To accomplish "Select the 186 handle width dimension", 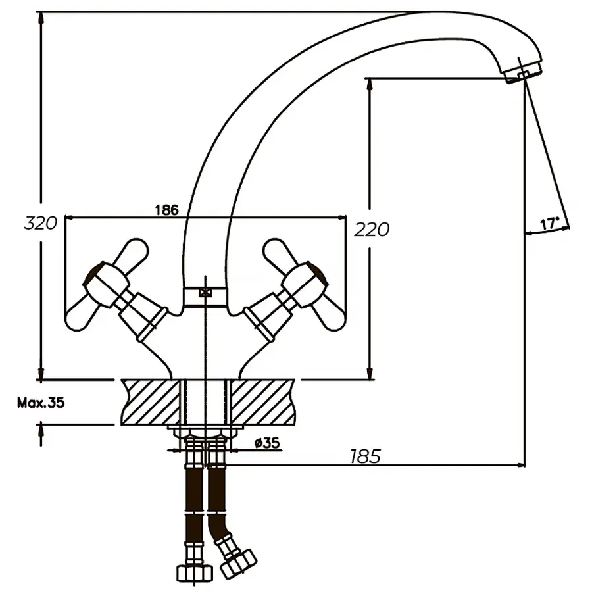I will tap(166, 210).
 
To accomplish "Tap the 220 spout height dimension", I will tap(372, 229).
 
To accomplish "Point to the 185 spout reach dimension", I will tap(365, 456).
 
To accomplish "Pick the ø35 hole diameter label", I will tap(266, 443).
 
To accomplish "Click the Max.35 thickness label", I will tap(41, 403).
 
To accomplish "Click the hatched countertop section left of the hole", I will tap(151, 401).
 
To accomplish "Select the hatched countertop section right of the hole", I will tap(263, 401).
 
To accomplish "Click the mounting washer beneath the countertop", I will tap(205, 431).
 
